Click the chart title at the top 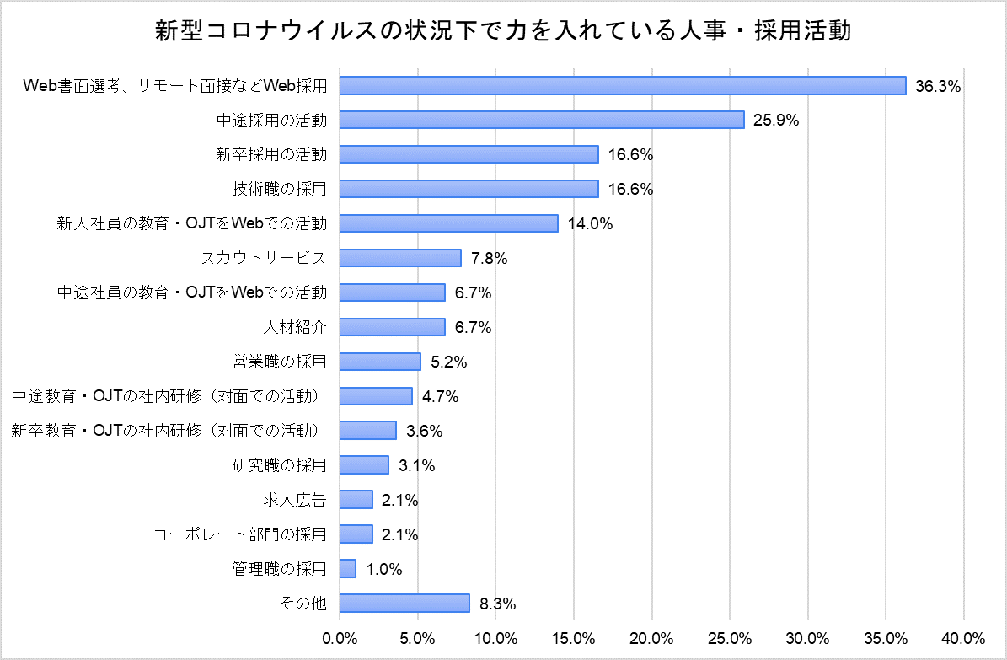(503, 31)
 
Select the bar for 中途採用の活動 (542, 120)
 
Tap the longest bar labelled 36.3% (623, 85)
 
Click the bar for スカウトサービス (400, 258)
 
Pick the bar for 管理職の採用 (348, 569)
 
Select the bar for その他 (404, 604)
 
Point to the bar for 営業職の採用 (380, 362)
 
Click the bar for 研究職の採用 (364, 465)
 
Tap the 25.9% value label (776, 121)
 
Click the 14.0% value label (589, 224)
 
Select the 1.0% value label (383, 570)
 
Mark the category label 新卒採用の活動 (270, 154)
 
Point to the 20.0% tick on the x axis (651, 637)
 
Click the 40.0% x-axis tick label (963, 637)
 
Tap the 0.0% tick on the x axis (340, 637)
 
